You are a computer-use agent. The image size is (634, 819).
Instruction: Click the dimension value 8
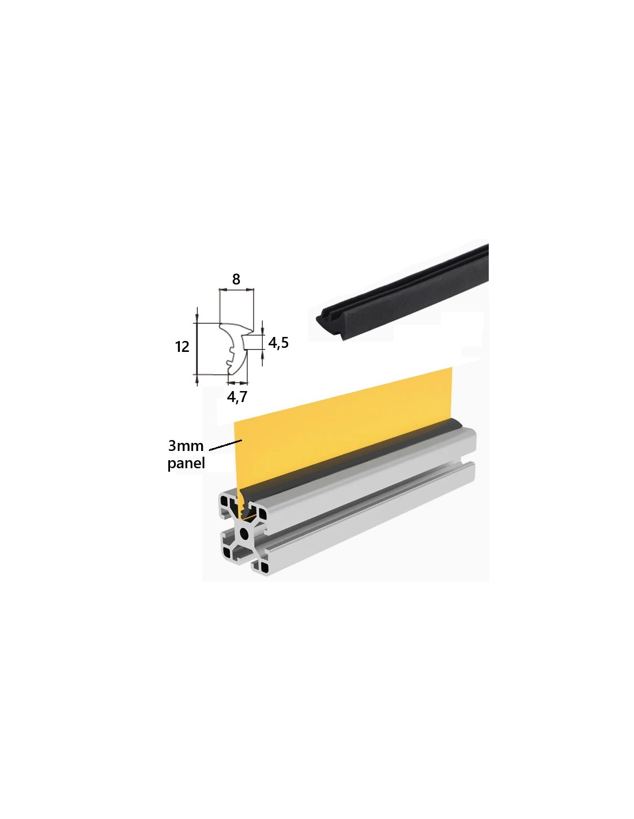point(236,279)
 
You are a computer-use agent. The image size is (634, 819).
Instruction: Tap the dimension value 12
point(182,347)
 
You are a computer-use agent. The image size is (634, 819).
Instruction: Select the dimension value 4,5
point(278,343)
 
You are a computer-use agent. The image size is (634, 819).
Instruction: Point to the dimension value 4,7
point(237,397)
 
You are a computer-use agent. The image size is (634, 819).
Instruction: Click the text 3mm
point(186,446)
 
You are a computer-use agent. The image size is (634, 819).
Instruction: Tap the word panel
point(186,463)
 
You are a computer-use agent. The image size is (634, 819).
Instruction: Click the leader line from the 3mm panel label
point(225,445)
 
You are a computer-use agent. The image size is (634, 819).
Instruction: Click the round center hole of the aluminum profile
point(244,533)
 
